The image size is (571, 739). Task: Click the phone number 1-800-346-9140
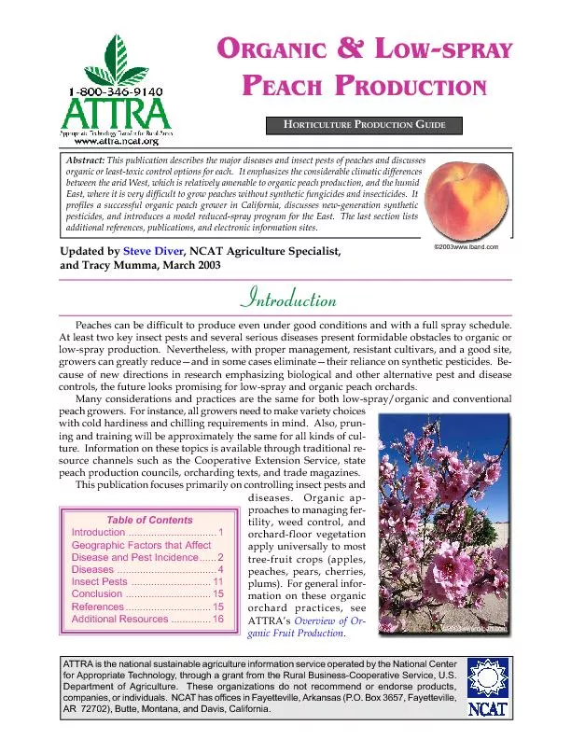(117, 92)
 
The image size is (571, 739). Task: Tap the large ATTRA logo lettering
(117, 116)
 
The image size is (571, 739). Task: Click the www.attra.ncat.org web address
(117, 142)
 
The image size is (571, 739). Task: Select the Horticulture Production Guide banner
(366, 125)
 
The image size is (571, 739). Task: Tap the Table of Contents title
(149, 520)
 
